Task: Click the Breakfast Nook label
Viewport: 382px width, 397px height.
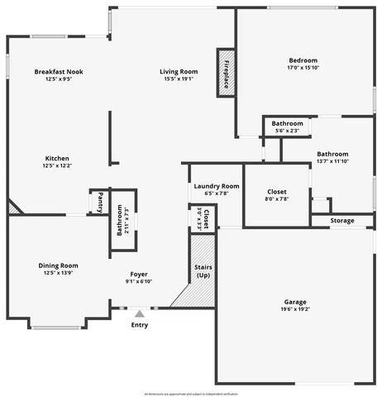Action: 59,72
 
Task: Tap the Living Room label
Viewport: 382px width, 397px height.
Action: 179,72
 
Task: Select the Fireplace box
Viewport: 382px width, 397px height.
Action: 226,73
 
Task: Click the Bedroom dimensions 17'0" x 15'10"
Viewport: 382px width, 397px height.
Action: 303,69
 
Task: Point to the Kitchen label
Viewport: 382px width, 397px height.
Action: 57,158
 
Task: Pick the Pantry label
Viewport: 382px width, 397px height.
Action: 99,202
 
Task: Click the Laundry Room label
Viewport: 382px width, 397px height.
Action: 217,186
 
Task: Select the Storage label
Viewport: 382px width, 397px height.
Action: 341,221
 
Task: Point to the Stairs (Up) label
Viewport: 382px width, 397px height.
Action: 203,271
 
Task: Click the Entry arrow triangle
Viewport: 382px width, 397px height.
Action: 140,313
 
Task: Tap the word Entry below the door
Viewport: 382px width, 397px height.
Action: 140,325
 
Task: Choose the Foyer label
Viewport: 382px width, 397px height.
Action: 139,274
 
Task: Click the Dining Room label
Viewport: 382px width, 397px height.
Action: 58,265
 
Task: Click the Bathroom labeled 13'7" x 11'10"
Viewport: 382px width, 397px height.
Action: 332,154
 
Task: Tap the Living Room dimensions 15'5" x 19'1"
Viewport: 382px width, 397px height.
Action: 179,79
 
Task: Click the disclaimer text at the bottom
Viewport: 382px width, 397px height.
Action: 191,392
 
